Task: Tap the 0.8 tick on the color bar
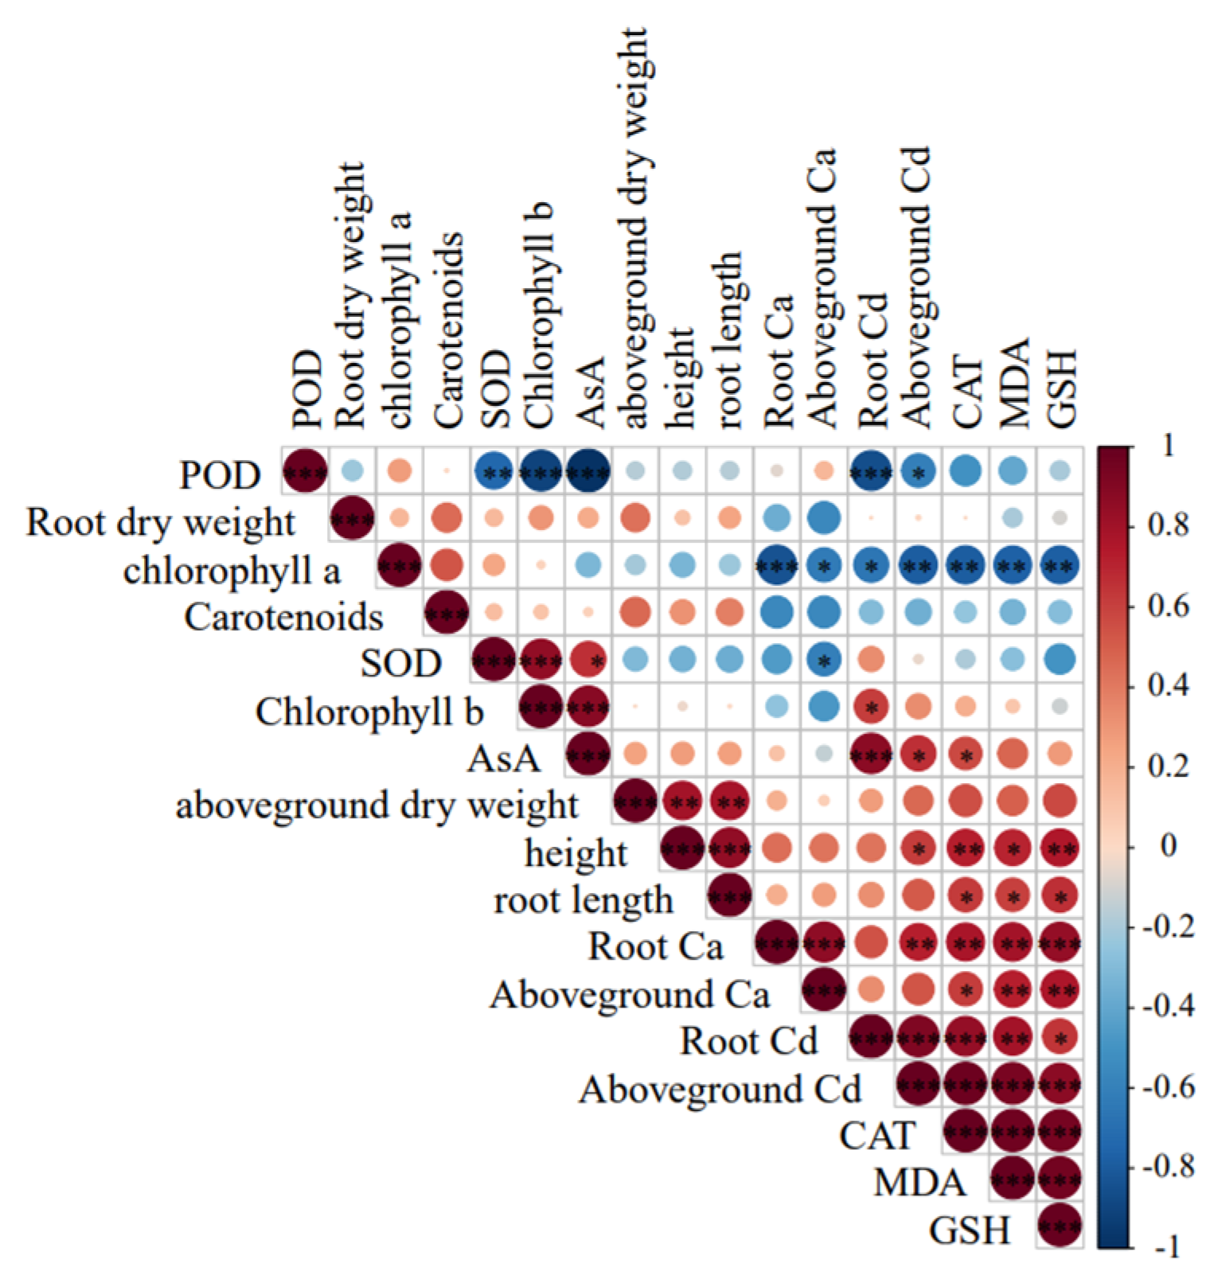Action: [1168, 525]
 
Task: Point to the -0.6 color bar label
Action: [1168, 1086]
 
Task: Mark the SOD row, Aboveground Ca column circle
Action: [824, 660]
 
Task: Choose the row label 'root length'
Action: [584, 900]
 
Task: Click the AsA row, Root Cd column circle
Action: [871, 754]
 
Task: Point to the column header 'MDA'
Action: [1013, 383]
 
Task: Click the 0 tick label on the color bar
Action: [1168, 845]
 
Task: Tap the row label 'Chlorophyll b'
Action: [369, 712]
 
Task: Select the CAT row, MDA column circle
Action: [1013, 1132]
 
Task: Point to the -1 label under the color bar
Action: [1168, 1247]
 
